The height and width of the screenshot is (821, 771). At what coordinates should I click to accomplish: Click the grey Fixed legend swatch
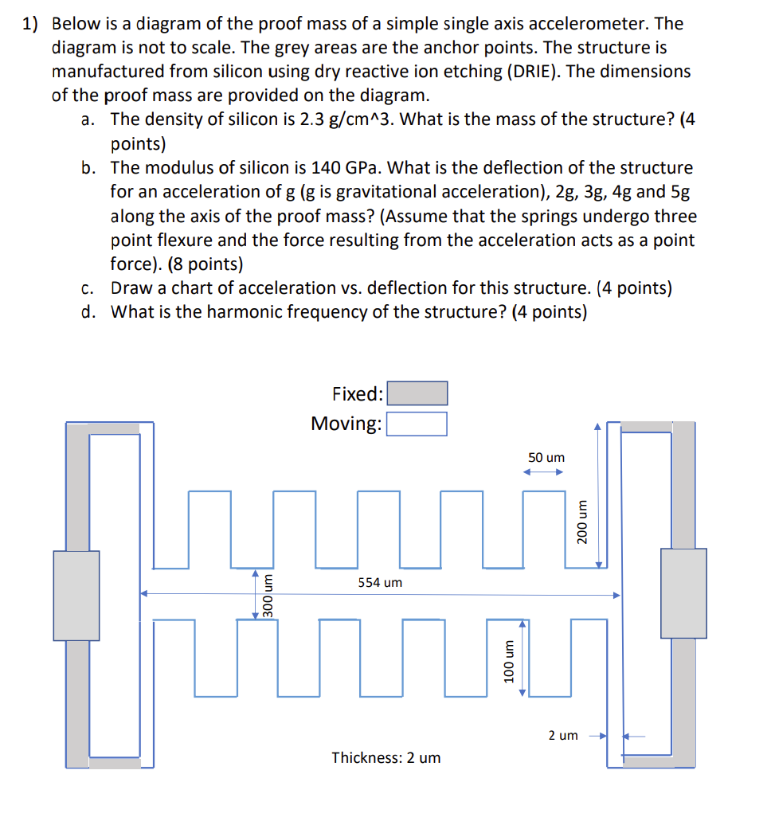(417, 393)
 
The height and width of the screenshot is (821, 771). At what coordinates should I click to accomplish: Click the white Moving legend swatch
(417, 424)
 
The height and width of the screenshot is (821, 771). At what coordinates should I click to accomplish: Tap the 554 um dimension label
(380, 583)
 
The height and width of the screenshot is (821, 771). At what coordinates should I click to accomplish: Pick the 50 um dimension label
(546, 458)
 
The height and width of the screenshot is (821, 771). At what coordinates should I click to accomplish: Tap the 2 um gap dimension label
(562, 735)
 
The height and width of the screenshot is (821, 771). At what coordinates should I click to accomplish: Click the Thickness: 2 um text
(385, 757)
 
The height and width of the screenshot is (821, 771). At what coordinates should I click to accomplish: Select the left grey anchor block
(76, 595)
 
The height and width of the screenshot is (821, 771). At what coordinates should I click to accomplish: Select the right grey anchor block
(683, 593)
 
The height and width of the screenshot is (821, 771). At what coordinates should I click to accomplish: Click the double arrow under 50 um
(543, 472)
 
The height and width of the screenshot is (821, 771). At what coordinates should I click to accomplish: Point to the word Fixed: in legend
(358, 394)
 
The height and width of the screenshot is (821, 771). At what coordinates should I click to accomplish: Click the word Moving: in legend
(346, 424)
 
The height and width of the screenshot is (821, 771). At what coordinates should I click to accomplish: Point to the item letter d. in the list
(89, 311)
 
